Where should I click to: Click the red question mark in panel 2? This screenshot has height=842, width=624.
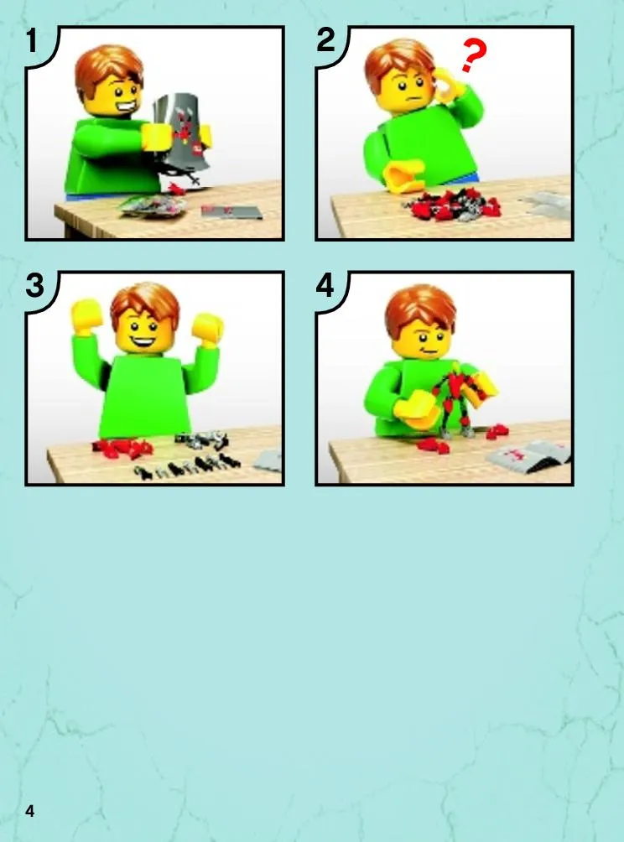click(474, 55)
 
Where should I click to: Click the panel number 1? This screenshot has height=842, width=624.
click(32, 41)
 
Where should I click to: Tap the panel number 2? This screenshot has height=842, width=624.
click(325, 40)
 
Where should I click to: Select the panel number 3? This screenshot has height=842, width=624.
click(34, 285)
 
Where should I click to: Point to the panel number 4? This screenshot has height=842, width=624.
click(325, 285)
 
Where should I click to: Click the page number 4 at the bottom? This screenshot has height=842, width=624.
click(29, 811)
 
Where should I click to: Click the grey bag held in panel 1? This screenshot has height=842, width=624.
click(180, 129)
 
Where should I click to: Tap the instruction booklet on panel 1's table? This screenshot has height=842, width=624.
click(232, 211)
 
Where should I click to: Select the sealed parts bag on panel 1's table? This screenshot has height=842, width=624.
click(152, 206)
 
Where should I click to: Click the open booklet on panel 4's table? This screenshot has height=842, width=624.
click(528, 456)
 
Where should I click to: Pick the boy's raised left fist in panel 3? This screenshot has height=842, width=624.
click(208, 327)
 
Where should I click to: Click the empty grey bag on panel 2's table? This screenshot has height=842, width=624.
click(546, 205)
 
